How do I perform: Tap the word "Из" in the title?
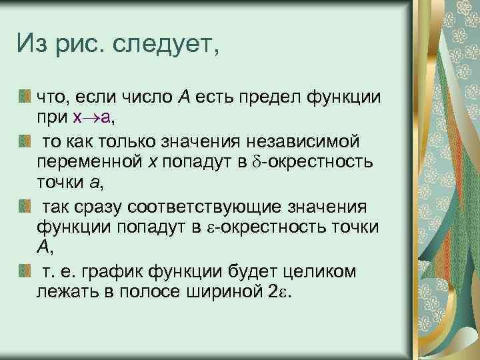tap(33, 47)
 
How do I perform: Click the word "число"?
tap(144, 98)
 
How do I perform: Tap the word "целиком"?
tap(324, 272)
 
